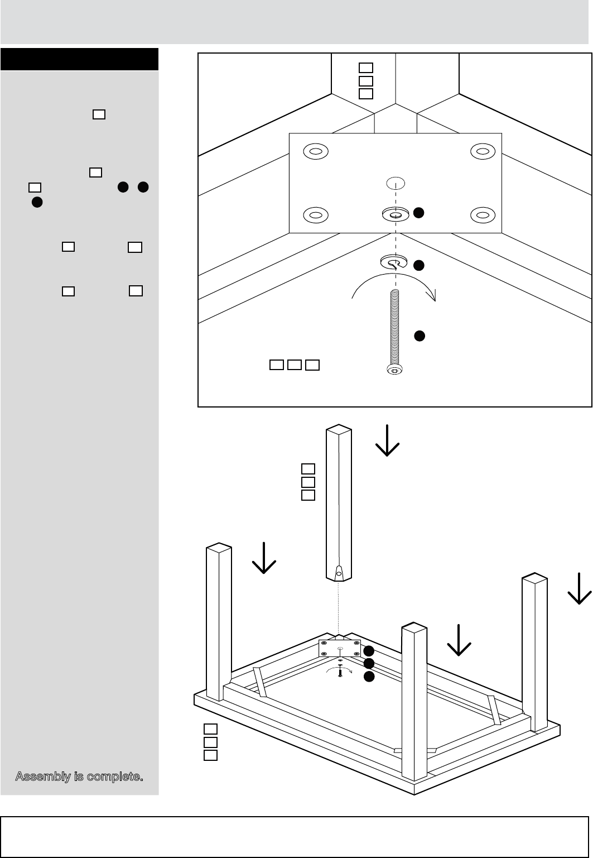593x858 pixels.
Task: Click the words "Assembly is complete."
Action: [x=79, y=776]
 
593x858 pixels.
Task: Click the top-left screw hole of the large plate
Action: [x=315, y=151]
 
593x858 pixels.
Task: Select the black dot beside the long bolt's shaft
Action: [x=420, y=335]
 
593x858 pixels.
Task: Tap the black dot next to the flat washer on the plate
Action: [x=420, y=213]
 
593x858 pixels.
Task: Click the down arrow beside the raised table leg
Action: [x=387, y=442]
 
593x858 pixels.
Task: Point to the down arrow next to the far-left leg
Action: [x=264, y=560]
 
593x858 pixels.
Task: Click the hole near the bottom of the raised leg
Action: [x=338, y=572]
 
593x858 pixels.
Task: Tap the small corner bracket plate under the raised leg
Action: [x=340, y=648]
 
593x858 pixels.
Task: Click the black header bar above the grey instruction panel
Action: [x=79, y=59]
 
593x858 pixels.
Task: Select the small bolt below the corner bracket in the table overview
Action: [x=340, y=672]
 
